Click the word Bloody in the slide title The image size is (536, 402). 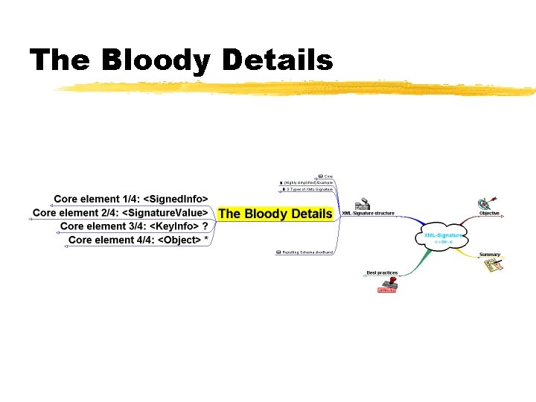(x=154, y=60)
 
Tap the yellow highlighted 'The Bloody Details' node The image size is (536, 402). (x=275, y=214)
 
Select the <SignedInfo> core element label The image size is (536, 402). (x=131, y=199)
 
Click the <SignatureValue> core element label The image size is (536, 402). (x=120, y=212)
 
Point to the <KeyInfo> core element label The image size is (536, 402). (x=134, y=226)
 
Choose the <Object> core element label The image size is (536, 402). (x=138, y=240)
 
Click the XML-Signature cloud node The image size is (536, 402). (x=443, y=236)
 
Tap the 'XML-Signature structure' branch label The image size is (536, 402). (x=368, y=214)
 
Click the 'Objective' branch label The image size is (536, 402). (x=489, y=214)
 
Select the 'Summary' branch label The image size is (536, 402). (x=489, y=255)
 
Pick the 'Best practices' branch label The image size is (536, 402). (x=382, y=273)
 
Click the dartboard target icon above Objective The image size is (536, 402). (x=486, y=202)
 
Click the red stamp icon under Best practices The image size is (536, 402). (x=387, y=285)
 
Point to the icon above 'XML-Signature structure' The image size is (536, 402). (x=363, y=204)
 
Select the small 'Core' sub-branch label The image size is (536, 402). (x=328, y=176)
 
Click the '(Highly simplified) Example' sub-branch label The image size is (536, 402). (x=308, y=182)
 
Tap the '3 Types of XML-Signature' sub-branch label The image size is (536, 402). (x=309, y=189)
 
